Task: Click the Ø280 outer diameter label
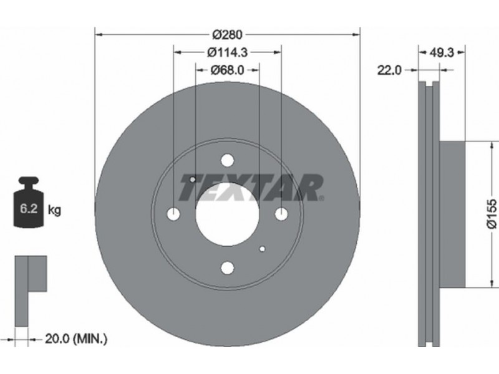(x=227, y=34)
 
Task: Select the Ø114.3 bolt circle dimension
(x=227, y=52)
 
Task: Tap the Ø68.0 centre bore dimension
(x=227, y=70)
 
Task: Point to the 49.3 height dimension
(x=442, y=52)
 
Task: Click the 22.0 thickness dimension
(x=389, y=70)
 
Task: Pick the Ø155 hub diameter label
(x=492, y=214)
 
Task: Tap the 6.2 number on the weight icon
(x=29, y=209)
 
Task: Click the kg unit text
(x=54, y=210)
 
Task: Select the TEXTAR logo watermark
(x=251, y=188)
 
